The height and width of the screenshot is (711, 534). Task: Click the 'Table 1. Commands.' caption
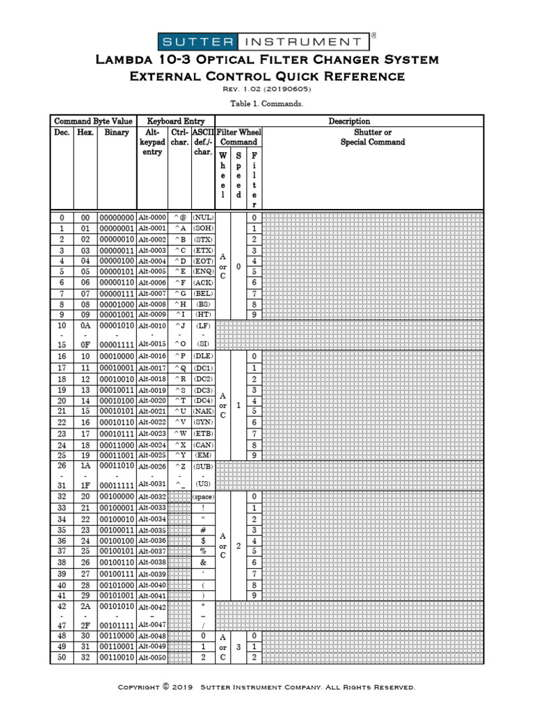click(x=266, y=103)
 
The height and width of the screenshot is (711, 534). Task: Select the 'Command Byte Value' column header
click(x=93, y=122)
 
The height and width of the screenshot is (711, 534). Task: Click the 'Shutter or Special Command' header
click(x=373, y=137)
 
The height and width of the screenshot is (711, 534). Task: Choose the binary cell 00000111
click(x=116, y=294)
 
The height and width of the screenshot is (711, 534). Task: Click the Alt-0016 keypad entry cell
click(x=152, y=356)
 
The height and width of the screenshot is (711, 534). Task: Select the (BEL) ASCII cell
click(x=203, y=294)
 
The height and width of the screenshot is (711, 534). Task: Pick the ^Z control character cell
click(x=180, y=467)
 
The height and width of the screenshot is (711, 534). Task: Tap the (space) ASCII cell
click(x=203, y=497)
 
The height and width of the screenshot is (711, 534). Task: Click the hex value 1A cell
click(x=85, y=467)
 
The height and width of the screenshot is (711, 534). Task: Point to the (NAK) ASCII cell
click(x=203, y=412)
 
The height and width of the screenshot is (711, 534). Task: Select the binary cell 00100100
click(x=116, y=541)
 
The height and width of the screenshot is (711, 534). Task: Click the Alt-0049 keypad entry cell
click(x=152, y=646)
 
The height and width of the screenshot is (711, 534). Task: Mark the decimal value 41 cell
click(x=61, y=595)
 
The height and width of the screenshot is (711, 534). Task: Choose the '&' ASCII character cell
click(x=203, y=562)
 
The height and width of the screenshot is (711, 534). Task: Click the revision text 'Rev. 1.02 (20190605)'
click(x=266, y=90)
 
